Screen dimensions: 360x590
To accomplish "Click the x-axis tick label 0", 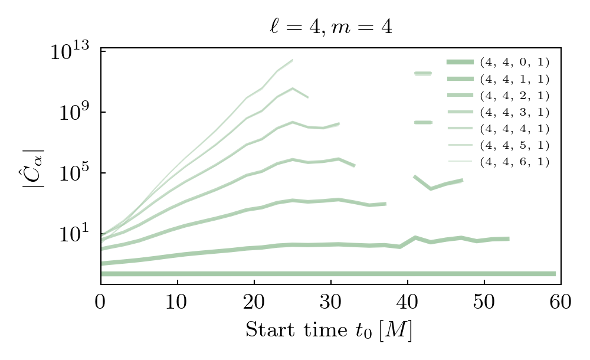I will [x=101, y=302].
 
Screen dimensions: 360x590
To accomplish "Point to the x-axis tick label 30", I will [x=330, y=302].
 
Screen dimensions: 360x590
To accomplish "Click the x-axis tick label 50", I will [x=484, y=302].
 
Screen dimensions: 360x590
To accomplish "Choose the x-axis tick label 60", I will [x=560, y=302].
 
